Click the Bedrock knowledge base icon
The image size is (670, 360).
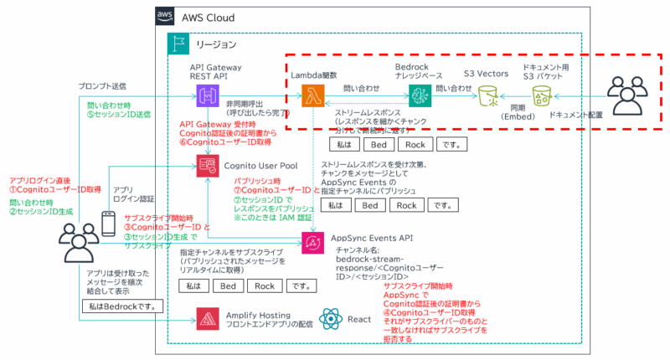pyautogui.click(x=419, y=95)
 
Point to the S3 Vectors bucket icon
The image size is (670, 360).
pyautogui.click(x=485, y=95)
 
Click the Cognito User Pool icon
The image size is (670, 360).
pyautogui.click(x=207, y=165)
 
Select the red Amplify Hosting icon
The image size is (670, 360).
pyautogui.click(x=207, y=317)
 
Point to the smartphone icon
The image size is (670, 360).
pyautogui.click(x=109, y=224)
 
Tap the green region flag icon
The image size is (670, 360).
pyautogui.click(x=178, y=44)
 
